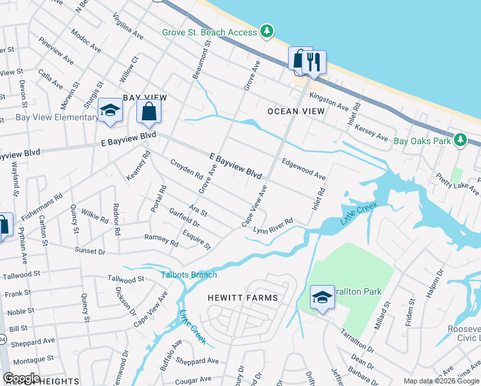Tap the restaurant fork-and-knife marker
pyautogui.click(x=314, y=62)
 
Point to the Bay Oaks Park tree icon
pyautogui.click(x=460, y=140)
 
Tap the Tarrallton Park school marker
pyautogui.click(x=322, y=297)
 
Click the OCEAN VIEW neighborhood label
pyautogui.click(x=292, y=111)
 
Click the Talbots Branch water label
pyautogui.click(x=188, y=275)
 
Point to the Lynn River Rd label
pyautogui.click(x=273, y=226)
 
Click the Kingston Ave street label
pyautogui.click(x=329, y=100)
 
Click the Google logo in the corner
pyautogui.click(x=21, y=378)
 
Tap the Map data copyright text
pyautogui.click(x=441, y=381)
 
